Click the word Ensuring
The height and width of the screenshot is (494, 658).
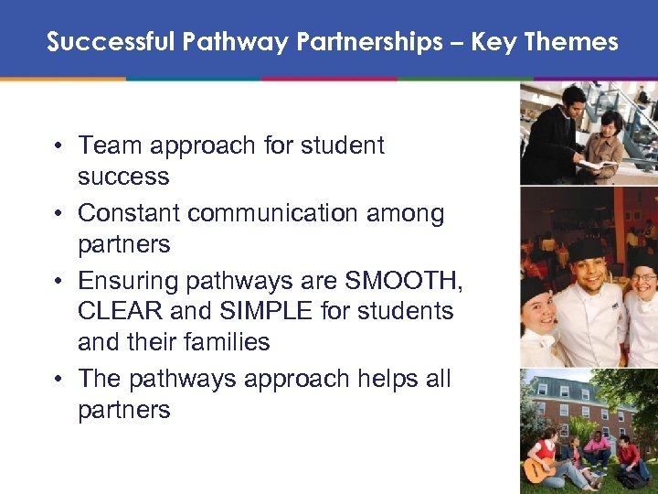tap(123, 280)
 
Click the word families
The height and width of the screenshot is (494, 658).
tap(224, 342)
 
